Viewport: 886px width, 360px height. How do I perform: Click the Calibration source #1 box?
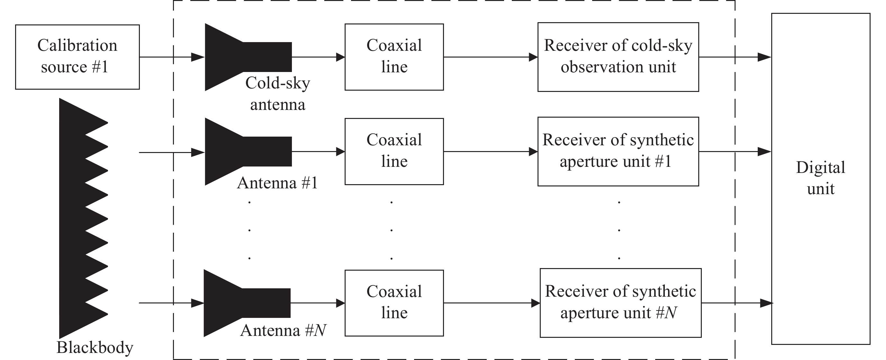[77, 57]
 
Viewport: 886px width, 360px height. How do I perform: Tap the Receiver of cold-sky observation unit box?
[618, 57]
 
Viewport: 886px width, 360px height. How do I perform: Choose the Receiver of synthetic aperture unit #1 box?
[618, 151]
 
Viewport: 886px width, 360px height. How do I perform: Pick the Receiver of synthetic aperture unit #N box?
[620, 302]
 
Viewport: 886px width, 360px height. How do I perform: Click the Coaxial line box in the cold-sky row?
[394, 57]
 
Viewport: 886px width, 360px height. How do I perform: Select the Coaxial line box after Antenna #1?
[394, 151]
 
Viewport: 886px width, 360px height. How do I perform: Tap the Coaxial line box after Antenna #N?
[394, 302]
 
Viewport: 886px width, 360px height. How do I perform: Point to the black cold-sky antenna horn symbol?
[241, 57]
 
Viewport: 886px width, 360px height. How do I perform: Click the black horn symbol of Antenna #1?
[241, 151]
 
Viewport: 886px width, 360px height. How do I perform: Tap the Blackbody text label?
[95, 347]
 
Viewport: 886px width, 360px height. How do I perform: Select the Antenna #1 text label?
[277, 183]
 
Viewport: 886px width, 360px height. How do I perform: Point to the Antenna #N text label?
[283, 330]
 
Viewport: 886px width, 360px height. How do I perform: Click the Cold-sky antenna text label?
[277, 94]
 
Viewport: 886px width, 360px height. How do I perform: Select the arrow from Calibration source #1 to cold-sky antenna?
[172, 57]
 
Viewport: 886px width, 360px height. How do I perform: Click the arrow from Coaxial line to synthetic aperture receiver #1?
[491, 151]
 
